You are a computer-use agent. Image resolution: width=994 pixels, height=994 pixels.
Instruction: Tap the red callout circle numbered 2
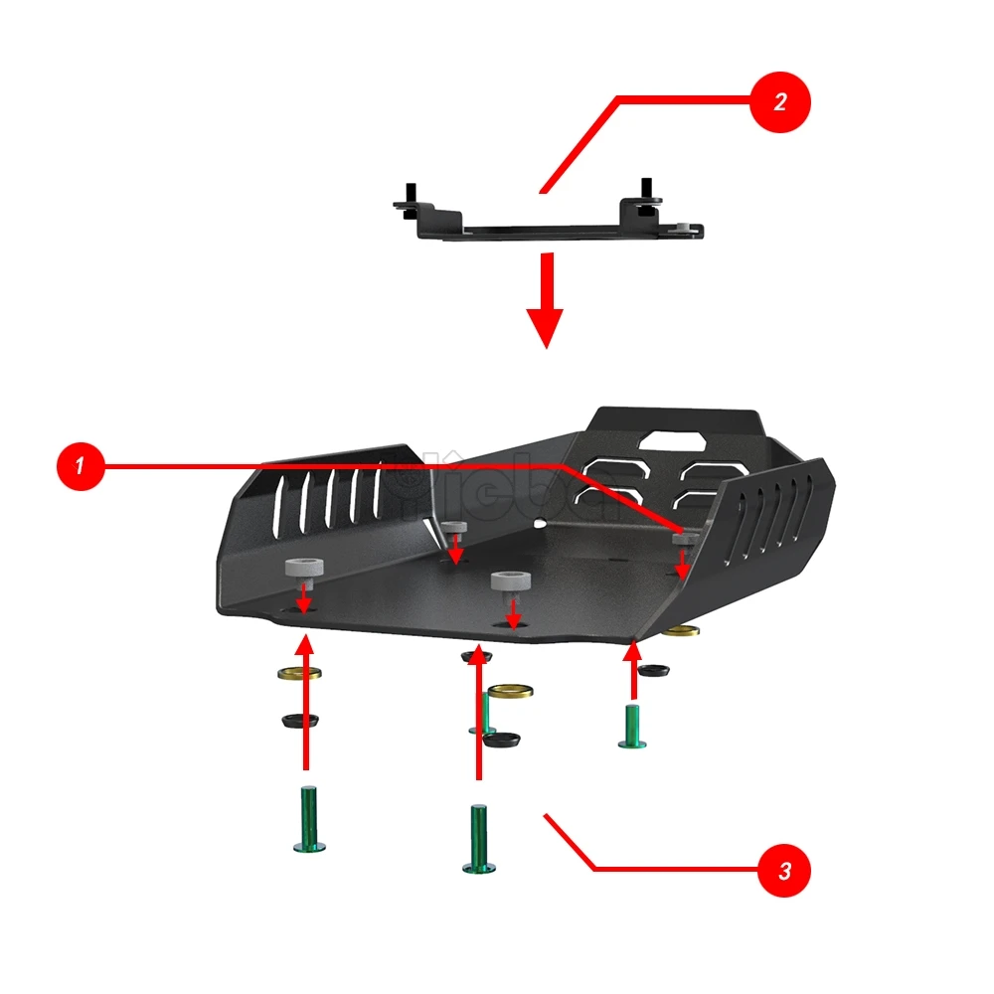click(780, 102)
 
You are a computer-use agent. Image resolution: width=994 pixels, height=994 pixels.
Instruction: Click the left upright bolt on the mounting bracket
click(409, 195)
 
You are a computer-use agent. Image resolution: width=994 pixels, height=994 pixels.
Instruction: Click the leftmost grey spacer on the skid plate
click(305, 568)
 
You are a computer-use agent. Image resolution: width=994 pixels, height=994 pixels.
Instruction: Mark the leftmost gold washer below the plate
click(298, 675)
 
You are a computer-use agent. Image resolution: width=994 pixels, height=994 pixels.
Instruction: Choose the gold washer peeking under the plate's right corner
click(681, 632)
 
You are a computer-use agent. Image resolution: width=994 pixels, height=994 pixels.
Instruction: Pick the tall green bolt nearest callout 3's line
click(480, 839)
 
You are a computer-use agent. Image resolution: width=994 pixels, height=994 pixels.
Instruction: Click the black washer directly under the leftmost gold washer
click(298, 718)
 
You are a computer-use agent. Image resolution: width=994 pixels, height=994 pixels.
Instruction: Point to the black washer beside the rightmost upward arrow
click(653, 671)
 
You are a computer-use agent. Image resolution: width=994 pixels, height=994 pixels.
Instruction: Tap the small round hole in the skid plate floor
click(538, 521)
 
